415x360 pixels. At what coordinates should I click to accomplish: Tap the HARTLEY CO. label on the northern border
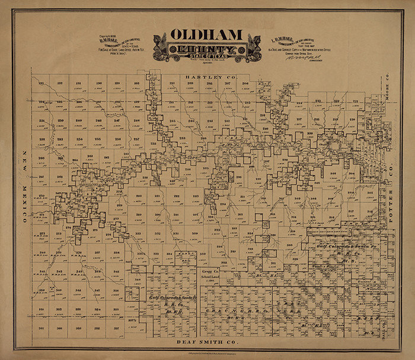[x=203, y=77]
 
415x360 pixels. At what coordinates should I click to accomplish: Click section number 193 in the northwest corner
[x=42, y=84]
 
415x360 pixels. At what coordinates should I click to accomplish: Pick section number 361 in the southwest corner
[x=42, y=327]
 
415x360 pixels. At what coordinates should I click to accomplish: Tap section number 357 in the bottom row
[x=117, y=327]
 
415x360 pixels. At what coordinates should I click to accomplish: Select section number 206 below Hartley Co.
[x=245, y=84]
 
